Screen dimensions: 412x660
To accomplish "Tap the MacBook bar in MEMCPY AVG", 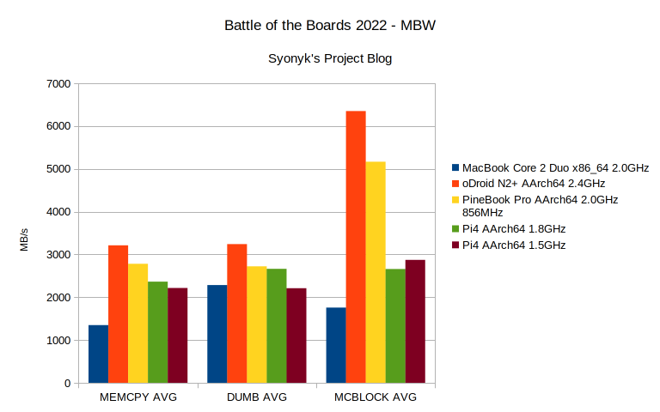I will (x=99, y=354).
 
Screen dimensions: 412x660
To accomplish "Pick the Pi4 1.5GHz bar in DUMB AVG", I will (x=296, y=336).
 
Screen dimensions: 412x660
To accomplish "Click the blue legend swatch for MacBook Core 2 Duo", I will (x=455, y=167).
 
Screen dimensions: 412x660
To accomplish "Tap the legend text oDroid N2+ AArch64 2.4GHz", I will (x=534, y=183).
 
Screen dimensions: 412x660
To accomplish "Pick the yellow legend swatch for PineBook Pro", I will (x=455, y=199).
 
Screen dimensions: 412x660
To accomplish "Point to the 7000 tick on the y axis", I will (x=59, y=84).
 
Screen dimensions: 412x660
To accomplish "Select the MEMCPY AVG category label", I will (x=138, y=397).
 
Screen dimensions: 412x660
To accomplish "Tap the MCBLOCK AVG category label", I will (x=376, y=397).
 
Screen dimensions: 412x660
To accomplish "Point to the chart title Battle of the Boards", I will (x=330, y=26).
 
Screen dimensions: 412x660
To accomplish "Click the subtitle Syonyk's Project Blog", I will (x=330, y=58).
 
